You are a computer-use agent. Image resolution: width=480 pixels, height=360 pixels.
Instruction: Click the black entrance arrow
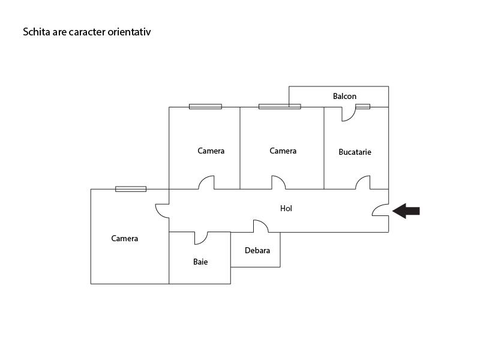[x=406, y=211]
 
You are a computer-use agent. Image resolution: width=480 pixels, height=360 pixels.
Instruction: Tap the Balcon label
[x=344, y=96]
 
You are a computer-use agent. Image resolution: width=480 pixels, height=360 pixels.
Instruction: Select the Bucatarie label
[x=355, y=152]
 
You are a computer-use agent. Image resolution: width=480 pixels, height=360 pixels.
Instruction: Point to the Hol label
[x=286, y=208]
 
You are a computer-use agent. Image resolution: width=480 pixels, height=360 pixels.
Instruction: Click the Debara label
[x=257, y=250]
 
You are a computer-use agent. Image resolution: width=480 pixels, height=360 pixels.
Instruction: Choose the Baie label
[x=200, y=262]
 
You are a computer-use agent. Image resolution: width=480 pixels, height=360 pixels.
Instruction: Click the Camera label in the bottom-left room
[x=125, y=238]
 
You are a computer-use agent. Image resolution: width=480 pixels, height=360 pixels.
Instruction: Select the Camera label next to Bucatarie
[x=283, y=151]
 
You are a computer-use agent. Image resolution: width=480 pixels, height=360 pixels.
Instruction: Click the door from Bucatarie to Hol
[x=363, y=182]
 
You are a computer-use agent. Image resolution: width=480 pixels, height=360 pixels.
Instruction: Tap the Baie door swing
[x=201, y=238]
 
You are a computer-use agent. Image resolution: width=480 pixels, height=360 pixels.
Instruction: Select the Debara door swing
[x=260, y=226]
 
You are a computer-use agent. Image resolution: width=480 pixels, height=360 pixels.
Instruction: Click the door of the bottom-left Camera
[x=162, y=211]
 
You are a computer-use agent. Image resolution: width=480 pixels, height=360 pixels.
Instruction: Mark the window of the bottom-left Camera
[x=131, y=189]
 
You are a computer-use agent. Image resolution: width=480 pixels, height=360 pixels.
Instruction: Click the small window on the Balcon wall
[x=362, y=107]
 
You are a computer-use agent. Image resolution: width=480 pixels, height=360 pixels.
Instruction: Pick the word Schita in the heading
[x=35, y=32]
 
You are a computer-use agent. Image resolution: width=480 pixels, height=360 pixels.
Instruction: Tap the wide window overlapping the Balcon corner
[x=280, y=107]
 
